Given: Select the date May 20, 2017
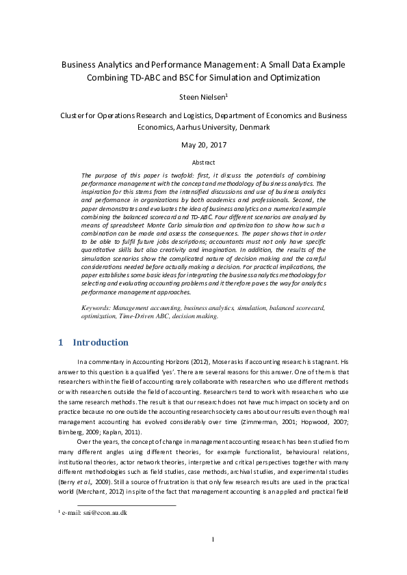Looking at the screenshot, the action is [x=203, y=145].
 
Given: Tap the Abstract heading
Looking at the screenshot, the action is [x=203, y=163].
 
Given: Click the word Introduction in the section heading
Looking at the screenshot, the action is [x=101, y=342].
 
